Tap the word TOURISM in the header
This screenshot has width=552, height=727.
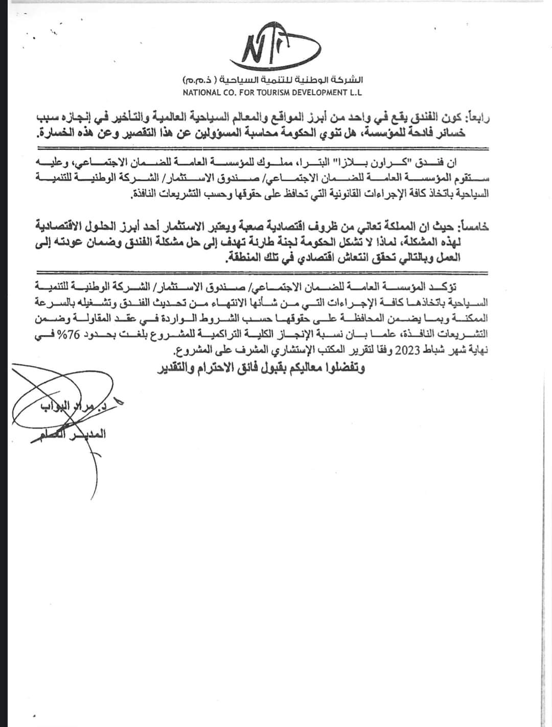(x=268, y=92)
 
